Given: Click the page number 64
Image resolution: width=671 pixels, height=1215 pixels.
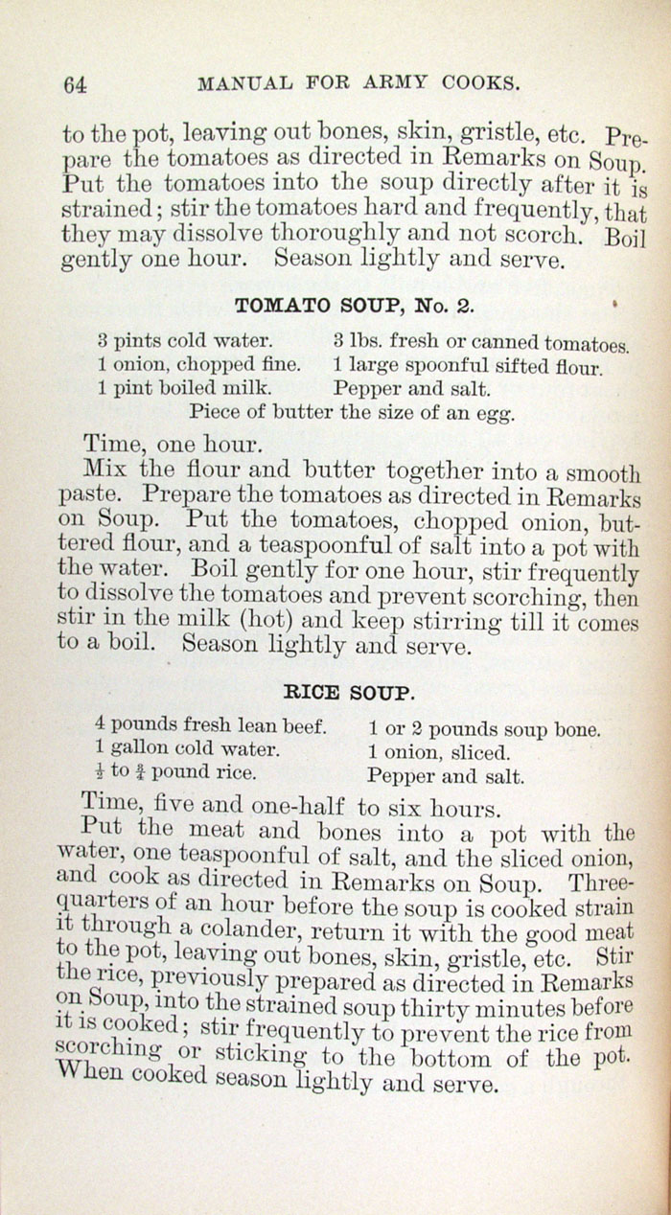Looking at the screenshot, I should [x=75, y=84].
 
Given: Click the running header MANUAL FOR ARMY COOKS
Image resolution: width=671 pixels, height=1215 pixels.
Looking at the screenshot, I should [x=359, y=83].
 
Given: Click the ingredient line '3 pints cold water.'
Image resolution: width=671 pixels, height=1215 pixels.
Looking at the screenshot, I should [x=185, y=340].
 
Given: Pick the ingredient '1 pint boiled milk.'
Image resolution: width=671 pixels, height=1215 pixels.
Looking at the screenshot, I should [x=183, y=388].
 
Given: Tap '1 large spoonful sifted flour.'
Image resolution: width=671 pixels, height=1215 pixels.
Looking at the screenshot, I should [x=468, y=366].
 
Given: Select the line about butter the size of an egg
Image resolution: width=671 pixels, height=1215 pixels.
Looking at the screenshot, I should [x=353, y=414].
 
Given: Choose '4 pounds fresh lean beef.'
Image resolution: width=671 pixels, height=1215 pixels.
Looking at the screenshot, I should [x=212, y=725].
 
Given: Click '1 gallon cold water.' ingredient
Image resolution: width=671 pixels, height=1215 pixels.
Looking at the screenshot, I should [x=188, y=749].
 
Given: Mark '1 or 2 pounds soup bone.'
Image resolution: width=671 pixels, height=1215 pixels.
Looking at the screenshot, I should [x=485, y=729].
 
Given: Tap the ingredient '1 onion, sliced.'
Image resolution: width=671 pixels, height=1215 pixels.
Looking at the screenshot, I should [x=440, y=753].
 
